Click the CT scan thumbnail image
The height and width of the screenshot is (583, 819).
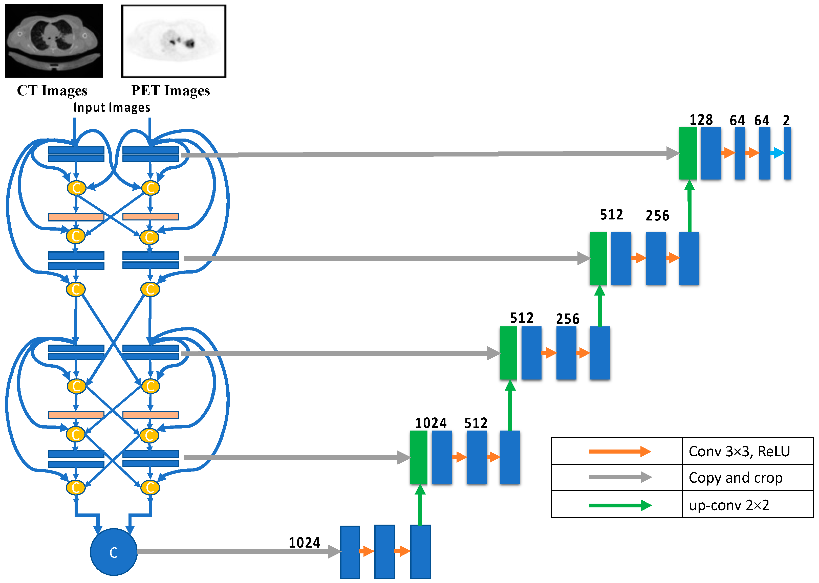(54, 40)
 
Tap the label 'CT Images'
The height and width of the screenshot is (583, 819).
(52, 91)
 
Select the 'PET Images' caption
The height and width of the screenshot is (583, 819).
(170, 91)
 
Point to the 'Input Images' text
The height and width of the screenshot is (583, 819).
(112, 107)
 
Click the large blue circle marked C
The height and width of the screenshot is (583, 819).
(114, 552)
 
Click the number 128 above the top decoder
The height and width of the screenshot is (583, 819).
(701, 120)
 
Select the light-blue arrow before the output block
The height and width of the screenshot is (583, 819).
(777, 153)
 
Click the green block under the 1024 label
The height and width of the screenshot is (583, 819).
(419, 457)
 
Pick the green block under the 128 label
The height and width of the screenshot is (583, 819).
(687, 153)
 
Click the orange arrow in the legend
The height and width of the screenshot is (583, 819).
(619, 451)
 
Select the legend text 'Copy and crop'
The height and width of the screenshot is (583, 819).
(735, 478)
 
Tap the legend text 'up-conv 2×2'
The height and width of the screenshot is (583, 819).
(729, 505)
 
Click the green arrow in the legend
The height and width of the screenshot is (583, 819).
(619, 505)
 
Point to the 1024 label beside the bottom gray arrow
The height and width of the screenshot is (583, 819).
(305, 543)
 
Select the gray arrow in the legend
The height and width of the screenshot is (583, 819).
(619, 478)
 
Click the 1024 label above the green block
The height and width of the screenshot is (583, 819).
(430, 423)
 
